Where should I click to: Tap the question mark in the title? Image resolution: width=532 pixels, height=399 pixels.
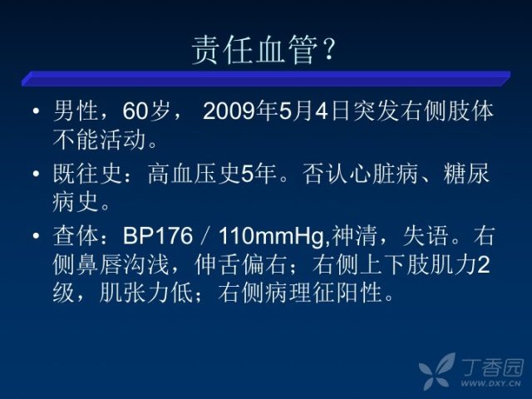[x=328, y=50]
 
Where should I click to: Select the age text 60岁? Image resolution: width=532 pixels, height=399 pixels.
[x=146, y=111]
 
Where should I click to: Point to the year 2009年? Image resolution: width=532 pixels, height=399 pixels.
[x=240, y=111]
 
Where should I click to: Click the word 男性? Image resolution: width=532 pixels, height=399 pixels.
[x=76, y=111]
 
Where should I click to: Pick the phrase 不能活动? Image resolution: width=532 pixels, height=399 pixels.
[x=99, y=140]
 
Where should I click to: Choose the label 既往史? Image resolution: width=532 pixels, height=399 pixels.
[x=87, y=174]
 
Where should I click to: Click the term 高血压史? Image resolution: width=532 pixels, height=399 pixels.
[x=195, y=174]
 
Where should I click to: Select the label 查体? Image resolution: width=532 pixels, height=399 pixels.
[x=76, y=235]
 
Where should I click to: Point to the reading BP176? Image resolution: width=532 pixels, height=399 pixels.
[x=158, y=235]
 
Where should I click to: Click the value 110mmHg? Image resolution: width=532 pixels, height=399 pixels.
[x=271, y=236]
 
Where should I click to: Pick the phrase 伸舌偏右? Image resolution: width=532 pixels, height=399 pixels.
[x=240, y=264]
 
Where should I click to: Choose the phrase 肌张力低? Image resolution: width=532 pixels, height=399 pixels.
[x=146, y=293]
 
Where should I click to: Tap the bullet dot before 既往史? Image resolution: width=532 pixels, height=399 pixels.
[x=37, y=174]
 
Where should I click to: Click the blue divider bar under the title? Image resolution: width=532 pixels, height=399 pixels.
[x=266, y=78]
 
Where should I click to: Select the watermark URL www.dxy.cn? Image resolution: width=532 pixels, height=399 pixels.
[x=490, y=384]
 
